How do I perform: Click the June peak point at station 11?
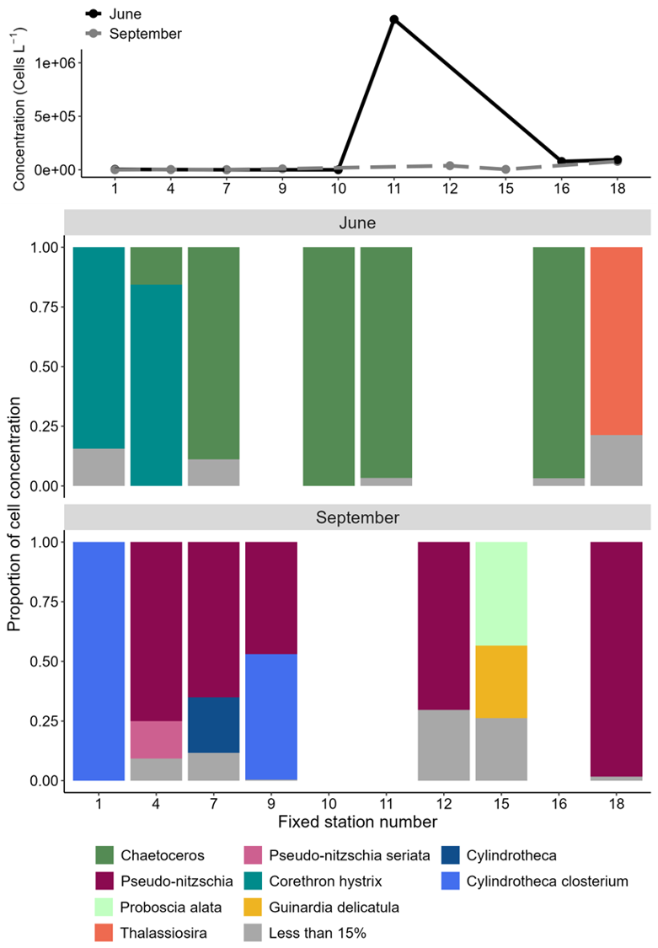pyautogui.click(x=393, y=19)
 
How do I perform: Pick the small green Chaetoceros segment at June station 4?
pyautogui.click(x=156, y=265)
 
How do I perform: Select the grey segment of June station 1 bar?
pyautogui.click(x=99, y=467)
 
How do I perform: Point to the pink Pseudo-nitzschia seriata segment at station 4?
pyautogui.click(x=156, y=739)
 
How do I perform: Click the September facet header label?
pyautogui.click(x=357, y=517)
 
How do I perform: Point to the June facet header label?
pyautogui.click(x=357, y=223)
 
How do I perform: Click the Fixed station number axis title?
pyautogui.click(x=357, y=818)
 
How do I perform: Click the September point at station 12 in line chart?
pyautogui.click(x=450, y=166)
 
